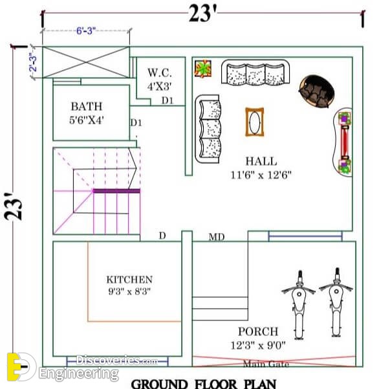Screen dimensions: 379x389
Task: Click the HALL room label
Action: click(x=261, y=161)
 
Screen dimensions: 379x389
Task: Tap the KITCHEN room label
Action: click(x=129, y=280)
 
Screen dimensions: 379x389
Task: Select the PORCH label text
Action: click(x=258, y=331)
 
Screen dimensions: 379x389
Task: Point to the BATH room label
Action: click(x=87, y=106)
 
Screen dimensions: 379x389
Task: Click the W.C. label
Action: click(x=160, y=72)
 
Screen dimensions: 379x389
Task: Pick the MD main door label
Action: click(x=217, y=237)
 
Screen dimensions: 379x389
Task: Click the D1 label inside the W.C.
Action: click(x=168, y=100)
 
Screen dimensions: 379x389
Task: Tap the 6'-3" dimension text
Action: click(x=86, y=31)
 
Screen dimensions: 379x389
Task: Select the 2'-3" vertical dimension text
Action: click(x=33, y=62)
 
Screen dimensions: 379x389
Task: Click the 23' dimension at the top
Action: click(x=202, y=14)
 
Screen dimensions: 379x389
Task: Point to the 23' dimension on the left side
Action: click(x=14, y=206)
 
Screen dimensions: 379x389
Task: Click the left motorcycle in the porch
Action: click(x=299, y=305)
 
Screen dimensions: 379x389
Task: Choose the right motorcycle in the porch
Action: click(x=336, y=302)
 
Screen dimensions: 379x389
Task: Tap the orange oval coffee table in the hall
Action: click(x=255, y=122)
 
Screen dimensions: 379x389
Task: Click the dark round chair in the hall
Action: click(x=317, y=91)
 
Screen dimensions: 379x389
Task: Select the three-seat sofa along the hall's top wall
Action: click(x=255, y=72)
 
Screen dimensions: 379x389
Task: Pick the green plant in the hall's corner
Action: click(x=203, y=68)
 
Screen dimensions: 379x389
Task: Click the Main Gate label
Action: click(x=266, y=364)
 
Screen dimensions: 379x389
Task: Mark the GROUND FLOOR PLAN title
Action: click(x=204, y=384)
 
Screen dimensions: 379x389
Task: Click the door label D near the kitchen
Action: click(x=162, y=236)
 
